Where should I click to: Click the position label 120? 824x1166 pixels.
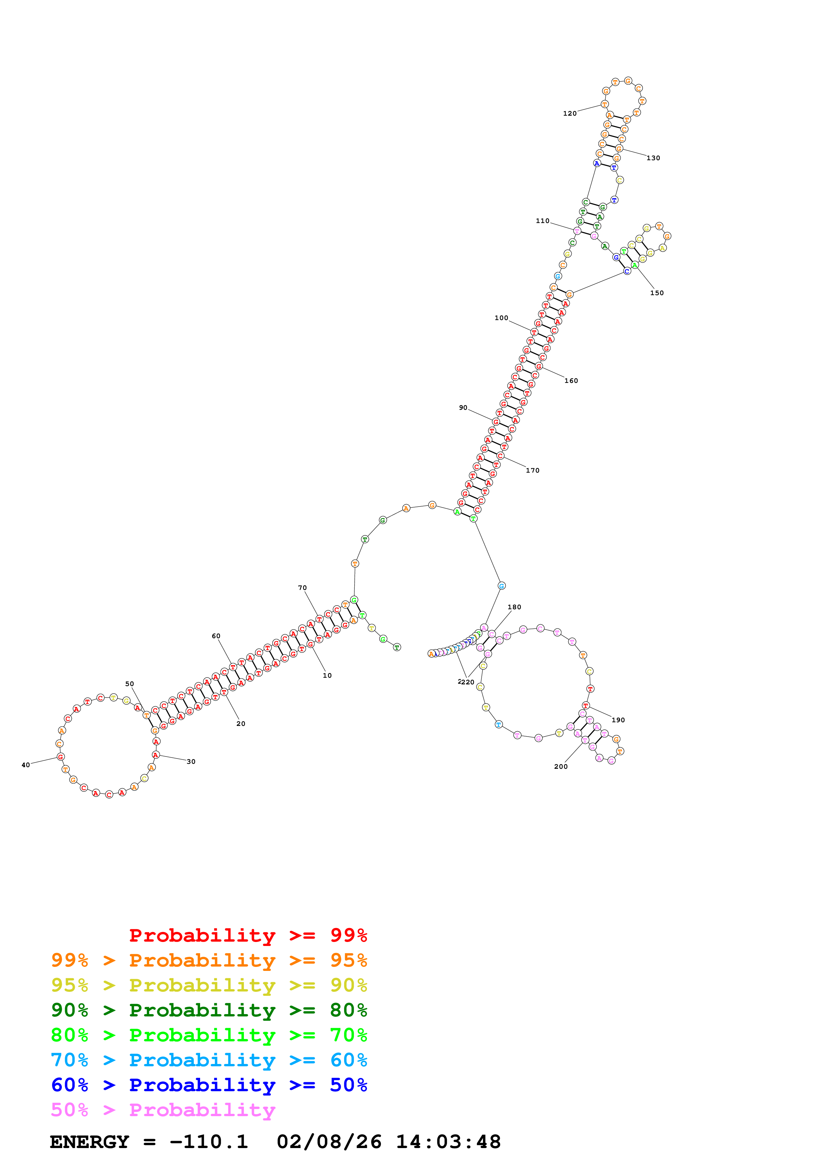pyautogui.click(x=570, y=114)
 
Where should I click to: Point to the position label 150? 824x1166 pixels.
pyautogui.click(x=656, y=293)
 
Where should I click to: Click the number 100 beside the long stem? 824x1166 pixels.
pyautogui.click(x=501, y=318)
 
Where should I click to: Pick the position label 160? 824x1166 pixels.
pyautogui.click(x=571, y=381)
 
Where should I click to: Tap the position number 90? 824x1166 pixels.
pyautogui.click(x=463, y=408)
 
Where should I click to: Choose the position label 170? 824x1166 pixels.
pyautogui.click(x=532, y=471)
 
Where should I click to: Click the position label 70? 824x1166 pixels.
pyautogui.click(x=302, y=588)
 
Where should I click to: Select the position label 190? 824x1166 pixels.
pyautogui.click(x=618, y=720)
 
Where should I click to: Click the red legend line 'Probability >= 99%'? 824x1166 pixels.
pyautogui.click(x=248, y=935)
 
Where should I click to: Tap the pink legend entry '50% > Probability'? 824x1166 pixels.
pyautogui.click(x=163, y=1110)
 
